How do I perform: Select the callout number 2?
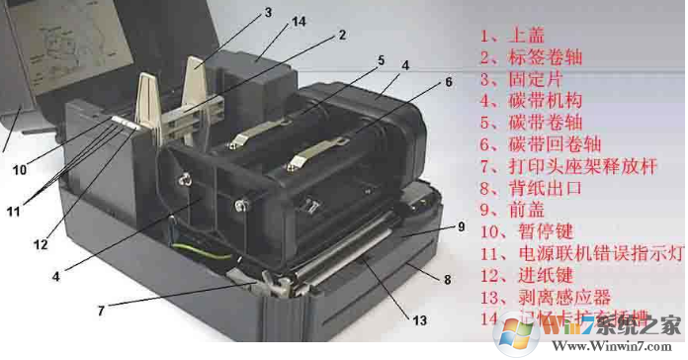341,35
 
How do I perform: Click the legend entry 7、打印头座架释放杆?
560,168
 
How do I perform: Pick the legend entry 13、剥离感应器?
539,298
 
